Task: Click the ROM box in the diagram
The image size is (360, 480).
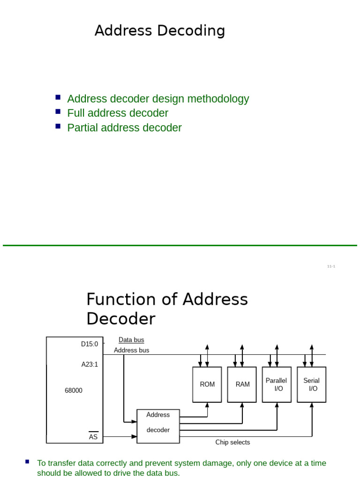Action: [x=207, y=384]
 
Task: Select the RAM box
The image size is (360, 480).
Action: [x=242, y=384]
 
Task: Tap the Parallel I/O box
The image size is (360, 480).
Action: [x=277, y=384]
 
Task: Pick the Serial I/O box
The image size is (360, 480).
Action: [x=312, y=384]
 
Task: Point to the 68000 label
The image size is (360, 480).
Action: [x=74, y=390]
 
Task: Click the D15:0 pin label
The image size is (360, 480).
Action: [x=90, y=344]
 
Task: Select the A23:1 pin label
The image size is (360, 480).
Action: [x=90, y=364]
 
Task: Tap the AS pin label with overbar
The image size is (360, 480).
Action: [x=93, y=436]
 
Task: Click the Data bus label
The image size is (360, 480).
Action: [x=131, y=340]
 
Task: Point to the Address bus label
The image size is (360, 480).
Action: [x=132, y=350]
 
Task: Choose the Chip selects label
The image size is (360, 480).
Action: [x=232, y=442]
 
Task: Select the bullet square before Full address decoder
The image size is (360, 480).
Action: [x=58, y=112]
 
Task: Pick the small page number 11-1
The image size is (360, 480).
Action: [x=331, y=266]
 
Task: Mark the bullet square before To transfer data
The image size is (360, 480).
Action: [x=28, y=462]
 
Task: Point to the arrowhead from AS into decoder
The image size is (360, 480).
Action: [x=134, y=437]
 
